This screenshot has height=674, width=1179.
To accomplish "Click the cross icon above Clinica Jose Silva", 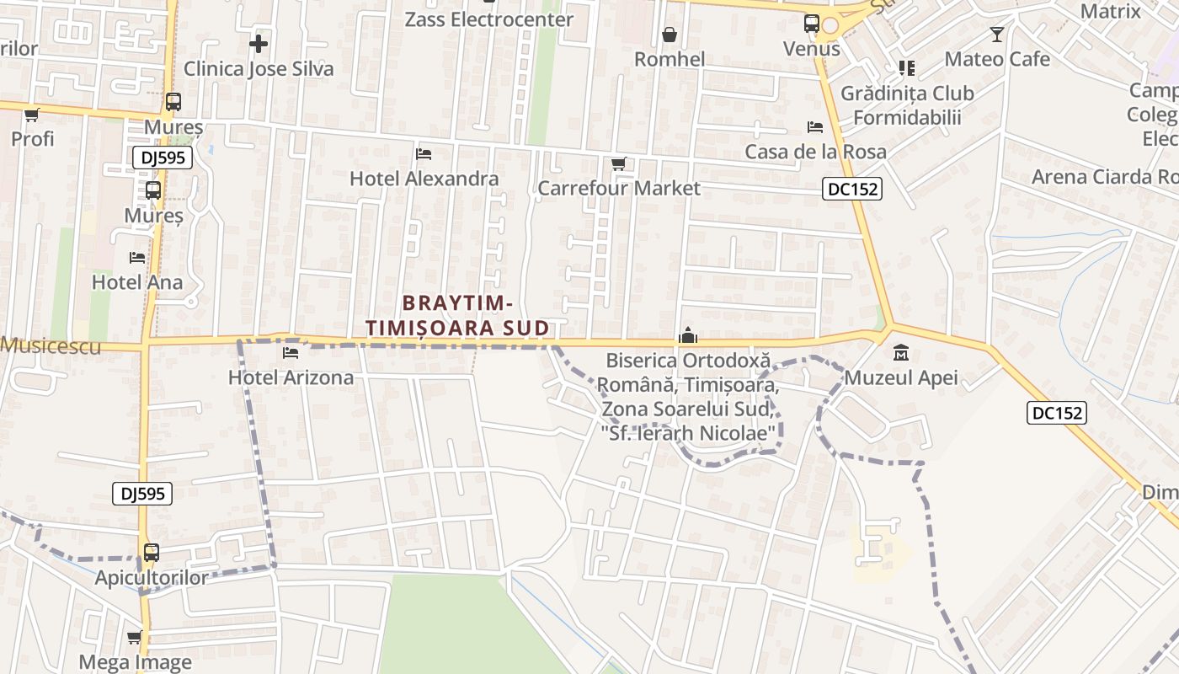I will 259,44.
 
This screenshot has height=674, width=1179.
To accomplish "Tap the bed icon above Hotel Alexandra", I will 424,153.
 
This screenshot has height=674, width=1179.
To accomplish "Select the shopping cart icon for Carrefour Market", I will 618,163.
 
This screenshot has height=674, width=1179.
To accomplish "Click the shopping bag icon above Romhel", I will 670,35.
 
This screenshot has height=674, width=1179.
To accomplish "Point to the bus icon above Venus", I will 812,24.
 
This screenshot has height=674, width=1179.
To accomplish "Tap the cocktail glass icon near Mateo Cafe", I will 997,35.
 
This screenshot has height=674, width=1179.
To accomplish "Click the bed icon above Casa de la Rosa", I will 815,127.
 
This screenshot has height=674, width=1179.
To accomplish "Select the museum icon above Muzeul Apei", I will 900,352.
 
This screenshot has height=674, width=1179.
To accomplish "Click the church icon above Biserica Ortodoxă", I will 688,335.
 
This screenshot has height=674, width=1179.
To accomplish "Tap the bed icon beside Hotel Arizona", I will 291,352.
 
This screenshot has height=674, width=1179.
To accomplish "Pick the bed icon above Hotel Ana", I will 137,257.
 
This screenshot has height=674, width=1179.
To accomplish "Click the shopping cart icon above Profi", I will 32,115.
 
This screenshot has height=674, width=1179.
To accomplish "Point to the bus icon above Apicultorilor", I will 151,553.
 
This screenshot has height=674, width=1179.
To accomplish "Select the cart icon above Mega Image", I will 134,637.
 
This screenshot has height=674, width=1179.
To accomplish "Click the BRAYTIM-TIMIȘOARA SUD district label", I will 457,315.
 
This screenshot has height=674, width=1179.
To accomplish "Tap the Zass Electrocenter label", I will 488,19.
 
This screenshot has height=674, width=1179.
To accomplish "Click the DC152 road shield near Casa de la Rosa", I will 852,190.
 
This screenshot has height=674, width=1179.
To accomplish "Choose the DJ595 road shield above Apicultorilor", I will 142,494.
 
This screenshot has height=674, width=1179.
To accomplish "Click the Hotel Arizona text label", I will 291,377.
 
